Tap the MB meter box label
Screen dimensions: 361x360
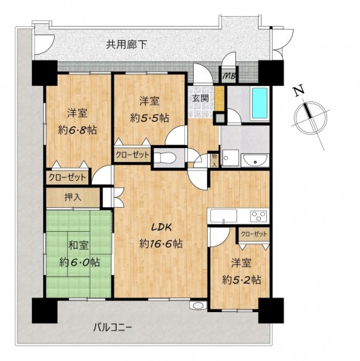(x=229, y=74)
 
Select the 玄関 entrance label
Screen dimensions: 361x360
(x=200, y=98)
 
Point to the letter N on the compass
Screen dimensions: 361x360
(x=297, y=91)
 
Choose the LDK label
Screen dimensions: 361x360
(x=160, y=229)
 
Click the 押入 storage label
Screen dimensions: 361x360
(x=73, y=196)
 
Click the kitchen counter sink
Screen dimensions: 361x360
(x=221, y=215)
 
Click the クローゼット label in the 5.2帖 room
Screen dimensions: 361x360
(x=253, y=233)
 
